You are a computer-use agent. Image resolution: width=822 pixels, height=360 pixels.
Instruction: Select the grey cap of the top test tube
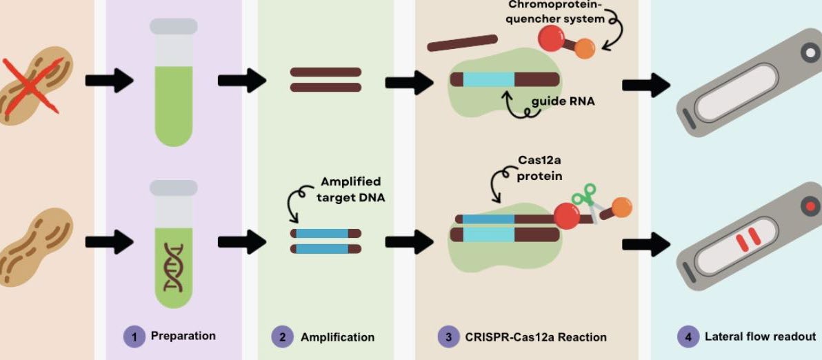click(173, 26)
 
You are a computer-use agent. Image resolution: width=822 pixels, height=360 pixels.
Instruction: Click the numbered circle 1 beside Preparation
click(134, 337)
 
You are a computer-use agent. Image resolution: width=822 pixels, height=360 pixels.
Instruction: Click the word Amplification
click(337, 337)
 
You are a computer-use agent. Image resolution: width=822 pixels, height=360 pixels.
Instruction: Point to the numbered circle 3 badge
click(448, 337)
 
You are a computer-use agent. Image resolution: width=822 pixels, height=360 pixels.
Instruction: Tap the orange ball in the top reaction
click(584, 48)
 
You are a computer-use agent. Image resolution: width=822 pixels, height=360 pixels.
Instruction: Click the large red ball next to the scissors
click(566, 215)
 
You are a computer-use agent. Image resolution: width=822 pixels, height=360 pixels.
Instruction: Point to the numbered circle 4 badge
click(688, 337)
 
